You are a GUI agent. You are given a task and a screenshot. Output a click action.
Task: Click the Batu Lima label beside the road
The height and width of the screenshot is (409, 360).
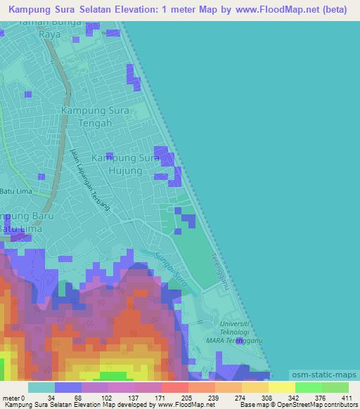pos(16,190)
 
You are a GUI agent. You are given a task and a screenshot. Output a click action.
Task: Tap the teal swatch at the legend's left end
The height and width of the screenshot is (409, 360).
pos(41,387)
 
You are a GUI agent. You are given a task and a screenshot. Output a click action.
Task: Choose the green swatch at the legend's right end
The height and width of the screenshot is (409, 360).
pos(335,387)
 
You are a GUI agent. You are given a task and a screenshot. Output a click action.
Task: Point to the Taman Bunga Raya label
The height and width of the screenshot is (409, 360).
pos(70,27)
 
